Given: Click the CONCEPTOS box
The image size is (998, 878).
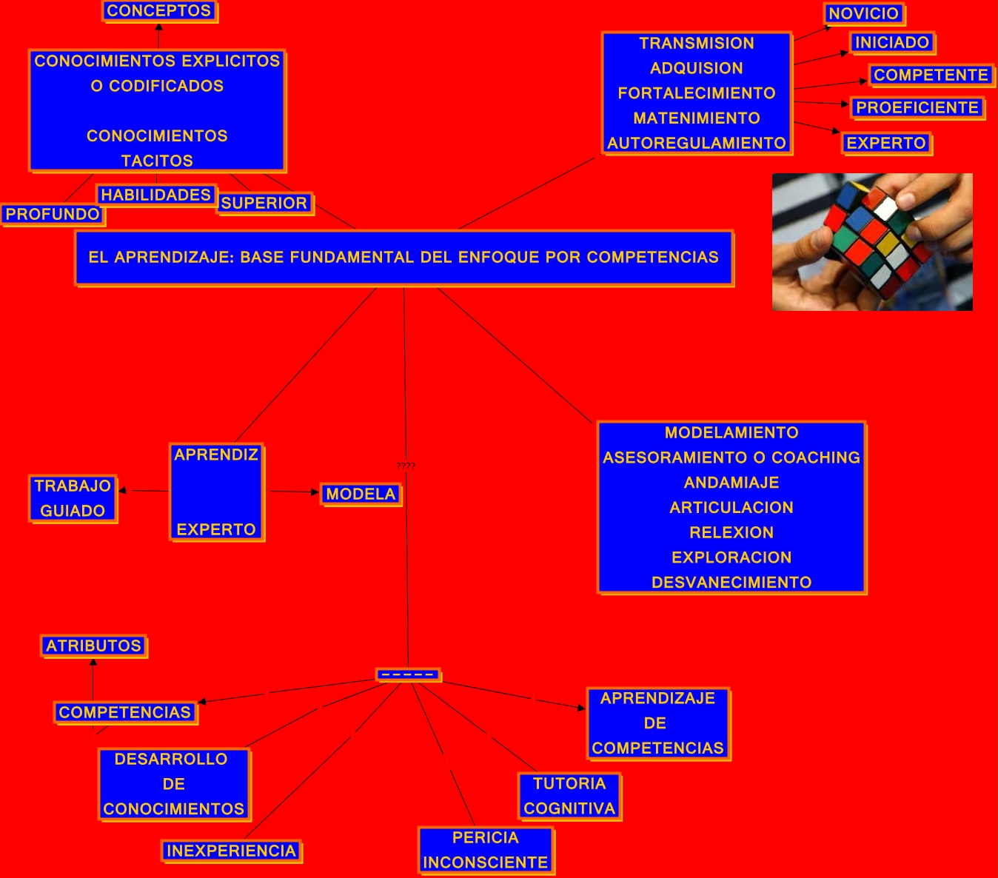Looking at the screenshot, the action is click(159, 11).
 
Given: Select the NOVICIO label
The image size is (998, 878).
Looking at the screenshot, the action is click(863, 13).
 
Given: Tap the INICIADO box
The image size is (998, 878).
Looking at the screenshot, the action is click(892, 42).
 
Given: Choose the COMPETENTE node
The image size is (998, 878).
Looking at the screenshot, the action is click(931, 75).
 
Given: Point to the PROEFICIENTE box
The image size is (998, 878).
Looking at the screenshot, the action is click(917, 107).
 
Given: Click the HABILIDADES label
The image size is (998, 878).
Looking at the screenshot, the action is click(156, 195).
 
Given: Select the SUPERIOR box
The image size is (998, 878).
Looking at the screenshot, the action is click(264, 203).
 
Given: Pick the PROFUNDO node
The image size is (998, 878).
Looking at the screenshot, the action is click(53, 214).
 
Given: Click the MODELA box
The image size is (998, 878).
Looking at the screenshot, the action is click(361, 494).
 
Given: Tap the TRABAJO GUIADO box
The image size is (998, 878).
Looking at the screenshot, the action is click(73, 498).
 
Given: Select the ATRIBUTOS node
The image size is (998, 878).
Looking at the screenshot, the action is click(93, 646).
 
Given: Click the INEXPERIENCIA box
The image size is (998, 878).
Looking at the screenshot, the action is click(231, 851).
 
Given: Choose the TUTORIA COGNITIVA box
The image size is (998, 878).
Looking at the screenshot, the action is click(569, 796).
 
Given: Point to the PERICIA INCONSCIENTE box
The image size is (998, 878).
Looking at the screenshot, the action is click(486, 850).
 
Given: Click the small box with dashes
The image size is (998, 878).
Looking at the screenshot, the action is click(408, 674).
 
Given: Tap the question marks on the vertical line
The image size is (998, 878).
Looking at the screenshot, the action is click(406, 466).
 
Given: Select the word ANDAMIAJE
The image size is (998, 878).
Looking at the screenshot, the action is click(731, 483).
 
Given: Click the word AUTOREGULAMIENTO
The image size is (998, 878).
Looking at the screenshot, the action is click(697, 143).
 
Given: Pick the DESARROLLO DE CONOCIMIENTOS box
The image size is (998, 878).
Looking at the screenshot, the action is click(174, 784).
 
